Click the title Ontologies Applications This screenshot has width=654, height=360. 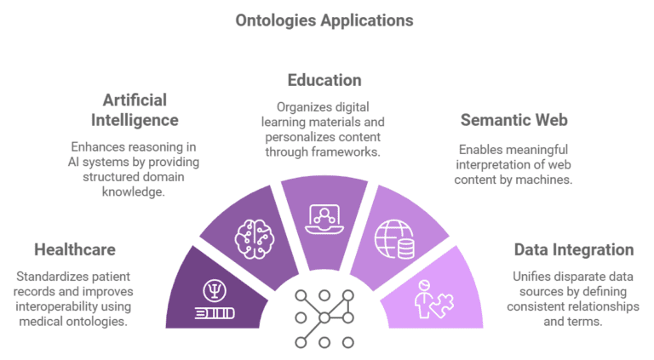[324, 20]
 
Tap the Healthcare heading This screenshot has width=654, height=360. [75, 249]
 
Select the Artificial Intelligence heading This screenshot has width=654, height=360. [135, 110]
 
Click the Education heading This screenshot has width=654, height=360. [324, 80]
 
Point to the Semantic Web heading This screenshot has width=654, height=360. [513, 120]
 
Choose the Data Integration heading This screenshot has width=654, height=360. [574, 249]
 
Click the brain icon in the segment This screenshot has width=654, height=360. [255, 239]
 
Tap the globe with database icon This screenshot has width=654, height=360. [394, 239]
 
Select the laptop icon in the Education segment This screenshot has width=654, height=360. [324, 220]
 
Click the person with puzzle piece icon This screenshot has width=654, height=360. [434, 300]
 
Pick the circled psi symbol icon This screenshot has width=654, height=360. [215, 290]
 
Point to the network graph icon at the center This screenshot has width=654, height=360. [324, 319]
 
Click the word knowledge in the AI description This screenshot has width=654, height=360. [134, 192]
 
